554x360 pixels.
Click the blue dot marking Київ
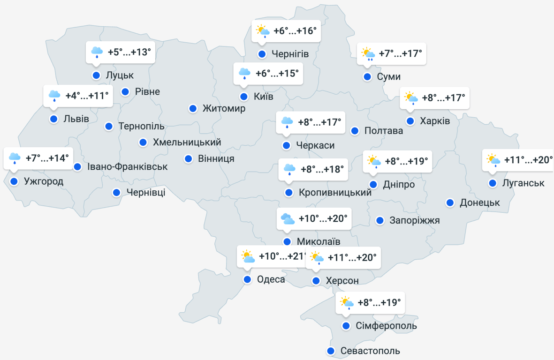pos(244,97)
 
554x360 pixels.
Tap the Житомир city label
pos(224,109)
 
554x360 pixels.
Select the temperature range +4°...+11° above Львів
pos(87,96)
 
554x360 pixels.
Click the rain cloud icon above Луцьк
pos(97,52)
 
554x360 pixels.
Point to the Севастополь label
pos(370,351)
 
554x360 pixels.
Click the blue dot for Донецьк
pos(450,203)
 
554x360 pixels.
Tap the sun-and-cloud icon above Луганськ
pos(493,160)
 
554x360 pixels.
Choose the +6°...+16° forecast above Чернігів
pos(295,31)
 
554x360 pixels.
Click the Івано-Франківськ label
pos(127,166)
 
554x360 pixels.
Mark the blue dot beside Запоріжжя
pos(380,220)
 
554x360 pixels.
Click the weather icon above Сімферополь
pos(347,303)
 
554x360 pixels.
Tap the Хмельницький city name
pos(187,142)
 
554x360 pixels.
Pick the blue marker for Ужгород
pos(14,181)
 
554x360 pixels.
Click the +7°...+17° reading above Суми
pos(400,53)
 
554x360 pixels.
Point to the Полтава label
pos(384,131)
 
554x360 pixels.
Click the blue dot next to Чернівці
pos(117,192)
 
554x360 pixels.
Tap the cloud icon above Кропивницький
pos(289,169)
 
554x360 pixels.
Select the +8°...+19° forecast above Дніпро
pos(406,161)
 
